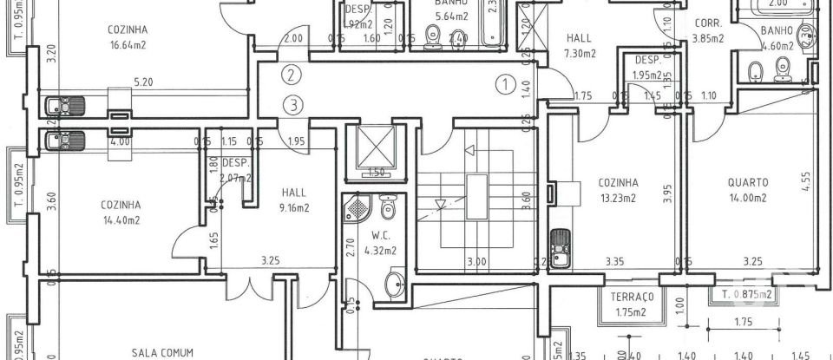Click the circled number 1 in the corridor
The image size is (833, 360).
coord(503,84)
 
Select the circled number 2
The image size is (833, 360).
coord(293,75)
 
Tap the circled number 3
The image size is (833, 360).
coord(295,105)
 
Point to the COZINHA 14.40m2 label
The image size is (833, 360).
coord(120,212)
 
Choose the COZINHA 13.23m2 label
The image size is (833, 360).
coord(619,189)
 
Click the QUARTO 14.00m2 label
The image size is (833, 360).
coord(747,189)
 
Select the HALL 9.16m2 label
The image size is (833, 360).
coord(294,200)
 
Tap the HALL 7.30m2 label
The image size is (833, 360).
coord(580,45)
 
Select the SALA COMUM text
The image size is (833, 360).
coord(162,352)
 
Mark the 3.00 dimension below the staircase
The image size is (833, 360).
coord(476,260)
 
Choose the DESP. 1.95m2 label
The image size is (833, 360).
coord(648,68)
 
